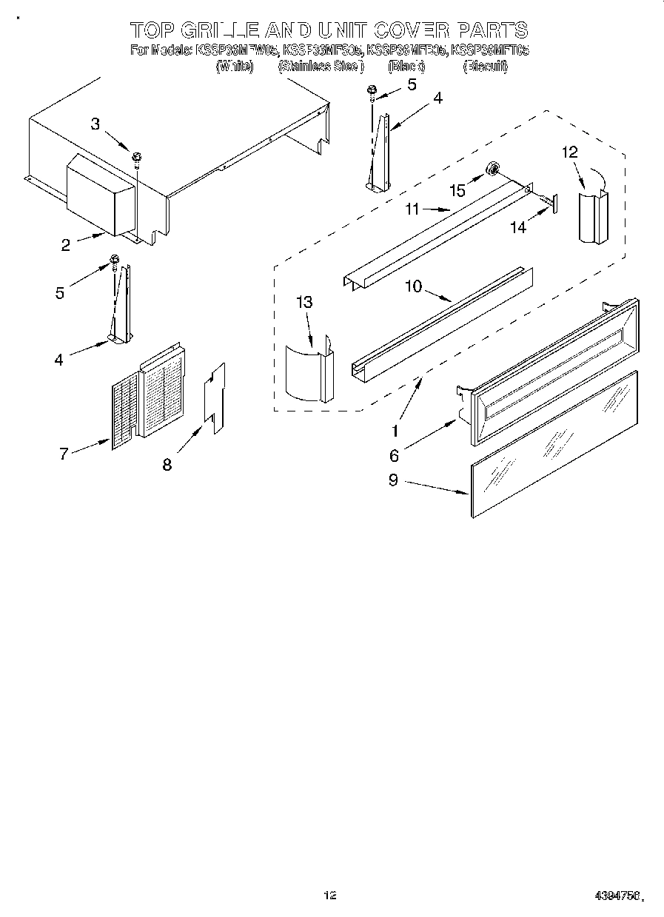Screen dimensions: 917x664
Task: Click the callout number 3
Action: (x=95, y=124)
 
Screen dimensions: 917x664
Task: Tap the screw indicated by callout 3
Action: (x=137, y=157)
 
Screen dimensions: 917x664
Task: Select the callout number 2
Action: (x=66, y=245)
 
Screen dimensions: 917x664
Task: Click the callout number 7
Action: (x=64, y=454)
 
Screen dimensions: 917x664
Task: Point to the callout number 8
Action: (x=167, y=464)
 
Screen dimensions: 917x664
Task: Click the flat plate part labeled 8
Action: (x=215, y=398)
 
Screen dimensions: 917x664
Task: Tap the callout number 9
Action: (x=392, y=480)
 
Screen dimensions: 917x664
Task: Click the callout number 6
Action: (x=395, y=455)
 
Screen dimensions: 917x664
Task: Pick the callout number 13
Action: (x=304, y=302)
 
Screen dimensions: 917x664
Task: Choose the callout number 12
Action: (x=569, y=152)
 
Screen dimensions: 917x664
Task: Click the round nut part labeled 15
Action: (x=491, y=172)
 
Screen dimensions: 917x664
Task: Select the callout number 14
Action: (x=518, y=228)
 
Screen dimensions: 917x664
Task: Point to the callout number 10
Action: (x=413, y=286)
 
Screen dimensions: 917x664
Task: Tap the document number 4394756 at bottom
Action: (x=617, y=895)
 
